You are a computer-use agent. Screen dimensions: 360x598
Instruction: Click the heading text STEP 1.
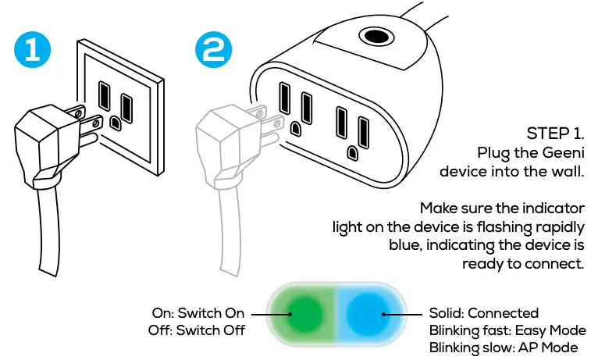556,132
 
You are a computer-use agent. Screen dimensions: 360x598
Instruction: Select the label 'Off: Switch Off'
197,330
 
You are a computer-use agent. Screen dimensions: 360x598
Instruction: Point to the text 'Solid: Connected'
484,313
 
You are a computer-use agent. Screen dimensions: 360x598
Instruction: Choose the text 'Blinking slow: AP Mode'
504,348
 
